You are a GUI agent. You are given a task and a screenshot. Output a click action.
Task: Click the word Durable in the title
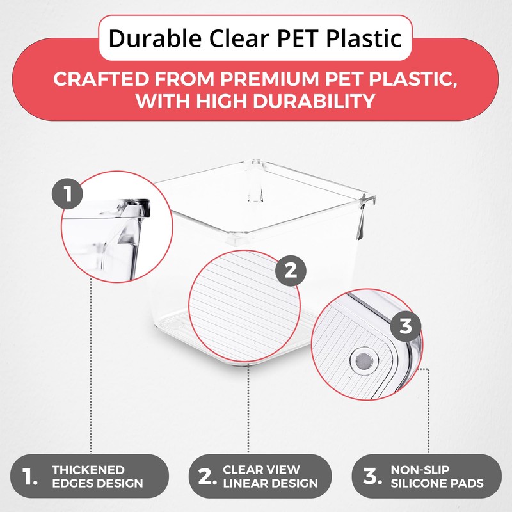click(155, 38)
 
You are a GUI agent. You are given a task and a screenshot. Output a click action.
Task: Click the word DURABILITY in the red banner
click(314, 101)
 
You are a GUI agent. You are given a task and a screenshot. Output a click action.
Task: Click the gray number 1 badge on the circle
click(67, 194)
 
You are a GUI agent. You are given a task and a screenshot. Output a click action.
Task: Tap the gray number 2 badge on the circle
click(291, 271)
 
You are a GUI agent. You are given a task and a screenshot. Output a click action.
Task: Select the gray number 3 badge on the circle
click(406, 326)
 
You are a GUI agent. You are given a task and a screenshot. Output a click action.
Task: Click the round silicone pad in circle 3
click(364, 361)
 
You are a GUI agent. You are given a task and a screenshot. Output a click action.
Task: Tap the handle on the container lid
click(255, 181)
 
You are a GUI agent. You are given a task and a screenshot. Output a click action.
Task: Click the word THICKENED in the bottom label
click(88, 470)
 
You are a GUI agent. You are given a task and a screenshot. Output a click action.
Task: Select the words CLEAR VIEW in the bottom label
click(261, 470)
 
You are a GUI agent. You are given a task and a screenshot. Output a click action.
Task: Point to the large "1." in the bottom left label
click(29, 477)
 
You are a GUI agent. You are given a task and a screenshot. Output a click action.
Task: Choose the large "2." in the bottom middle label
click(207, 477)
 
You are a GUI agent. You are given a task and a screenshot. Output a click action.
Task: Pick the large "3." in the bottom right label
click(372, 477)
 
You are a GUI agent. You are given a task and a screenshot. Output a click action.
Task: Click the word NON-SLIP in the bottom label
click(420, 470)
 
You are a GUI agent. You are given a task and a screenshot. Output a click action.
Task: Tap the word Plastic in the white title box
click(364, 38)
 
